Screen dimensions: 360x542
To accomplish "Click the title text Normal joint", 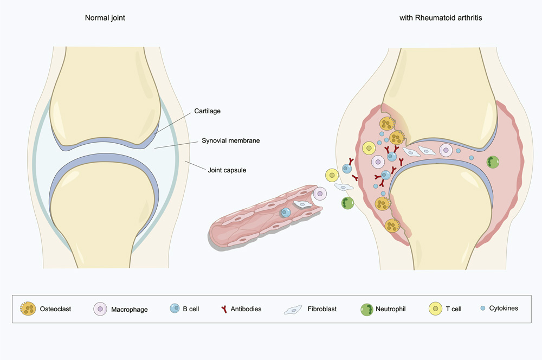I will (105, 18).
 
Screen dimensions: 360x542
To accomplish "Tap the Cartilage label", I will (208, 112).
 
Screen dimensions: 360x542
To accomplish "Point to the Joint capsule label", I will (227, 170).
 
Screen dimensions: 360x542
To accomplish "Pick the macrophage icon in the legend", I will (101, 309).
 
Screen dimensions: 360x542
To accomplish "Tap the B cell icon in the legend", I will (175, 309).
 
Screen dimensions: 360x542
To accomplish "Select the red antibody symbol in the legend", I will (223, 309).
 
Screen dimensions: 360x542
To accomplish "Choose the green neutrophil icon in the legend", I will (367, 310).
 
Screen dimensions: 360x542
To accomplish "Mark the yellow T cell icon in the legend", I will (436, 309).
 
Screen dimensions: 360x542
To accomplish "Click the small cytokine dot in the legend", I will (482, 308).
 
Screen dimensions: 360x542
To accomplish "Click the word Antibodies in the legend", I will (246, 309).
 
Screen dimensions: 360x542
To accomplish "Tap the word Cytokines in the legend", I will (504, 308).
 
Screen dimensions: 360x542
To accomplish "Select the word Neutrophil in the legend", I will (392, 309).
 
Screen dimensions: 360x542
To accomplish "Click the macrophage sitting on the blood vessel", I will (320, 194).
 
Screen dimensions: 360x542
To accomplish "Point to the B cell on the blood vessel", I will (286, 213).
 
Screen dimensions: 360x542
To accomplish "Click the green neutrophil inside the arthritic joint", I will (493, 162).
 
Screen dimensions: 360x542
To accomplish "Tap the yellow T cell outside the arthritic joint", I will (332, 175).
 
